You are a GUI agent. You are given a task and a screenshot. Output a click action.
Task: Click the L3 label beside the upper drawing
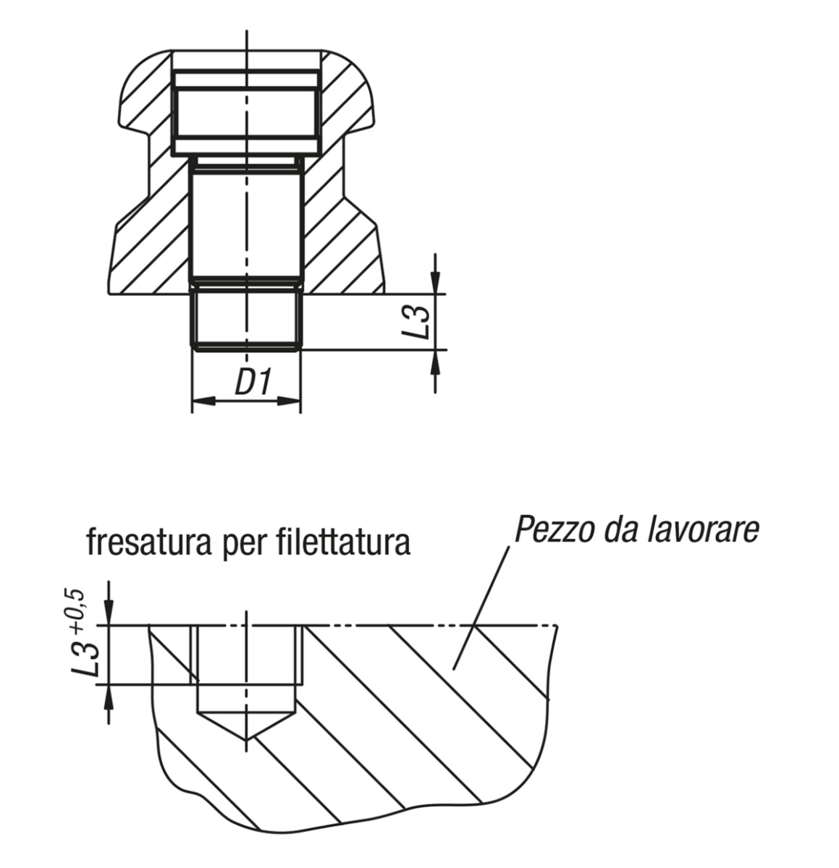click(418, 322)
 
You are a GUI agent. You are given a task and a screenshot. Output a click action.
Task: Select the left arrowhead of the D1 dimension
click(199, 400)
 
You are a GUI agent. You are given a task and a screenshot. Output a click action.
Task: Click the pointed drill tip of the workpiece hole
click(247, 738)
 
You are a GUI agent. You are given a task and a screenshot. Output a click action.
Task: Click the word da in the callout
click(619, 530)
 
